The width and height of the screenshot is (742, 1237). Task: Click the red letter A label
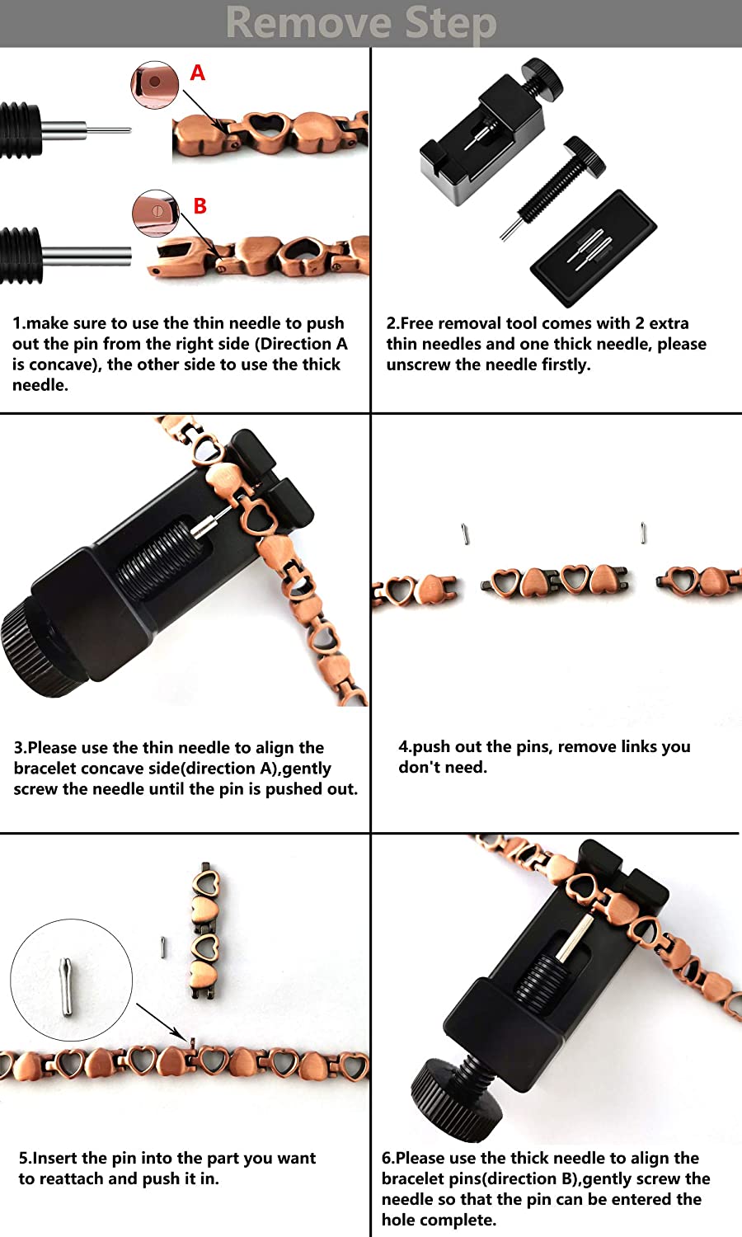pos(197,73)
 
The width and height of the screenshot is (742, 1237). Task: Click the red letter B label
pos(200,206)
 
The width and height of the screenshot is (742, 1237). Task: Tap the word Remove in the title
pos(310,23)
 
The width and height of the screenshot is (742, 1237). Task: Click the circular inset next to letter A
pos(155,84)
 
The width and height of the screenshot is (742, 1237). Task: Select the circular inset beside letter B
pos(157,213)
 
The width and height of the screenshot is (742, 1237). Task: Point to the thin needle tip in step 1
pos(129,130)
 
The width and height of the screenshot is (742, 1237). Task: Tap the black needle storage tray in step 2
pos(594,247)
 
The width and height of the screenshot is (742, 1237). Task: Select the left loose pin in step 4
pos(466,534)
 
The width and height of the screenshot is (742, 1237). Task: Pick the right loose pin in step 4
pos(643,533)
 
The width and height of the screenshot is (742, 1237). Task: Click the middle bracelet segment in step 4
pos(554,582)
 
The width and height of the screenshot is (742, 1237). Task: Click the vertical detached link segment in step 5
pos(204,932)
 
